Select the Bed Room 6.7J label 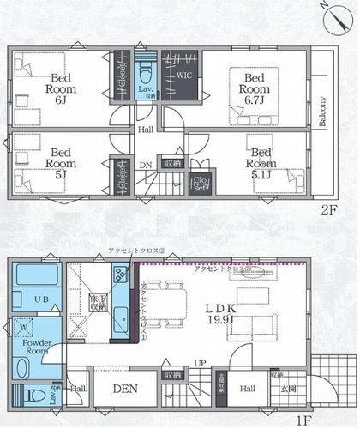point(255,88)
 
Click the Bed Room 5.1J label point(262,160)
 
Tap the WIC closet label point(183,76)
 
